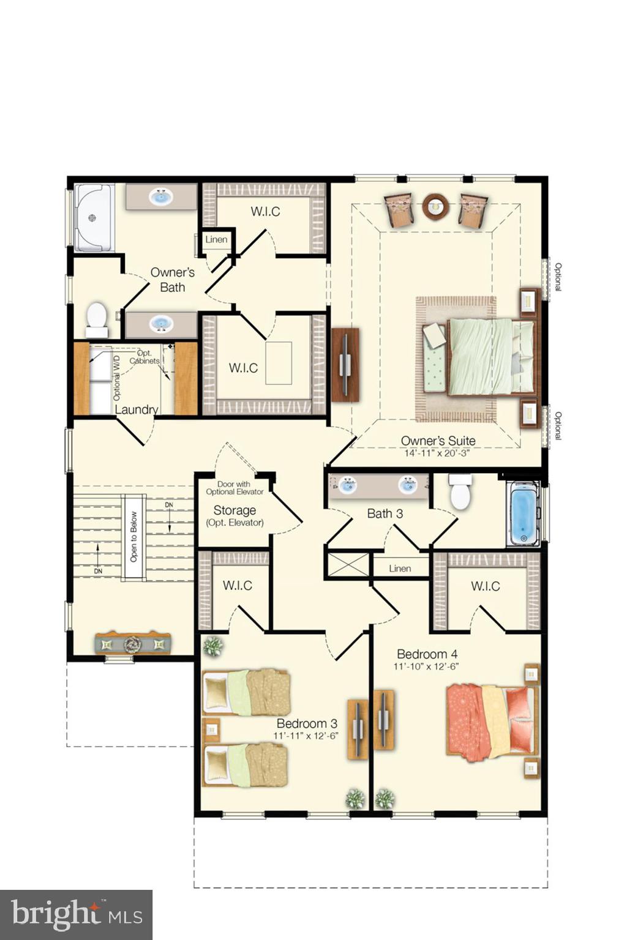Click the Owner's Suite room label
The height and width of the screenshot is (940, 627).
(x=438, y=441)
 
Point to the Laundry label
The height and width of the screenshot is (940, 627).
(x=137, y=409)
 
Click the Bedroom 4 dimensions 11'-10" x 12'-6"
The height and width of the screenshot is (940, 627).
(x=426, y=667)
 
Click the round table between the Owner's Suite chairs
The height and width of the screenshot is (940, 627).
(x=435, y=206)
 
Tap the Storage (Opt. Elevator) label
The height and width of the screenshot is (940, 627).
(x=235, y=515)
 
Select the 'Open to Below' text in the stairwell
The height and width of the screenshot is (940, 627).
(x=134, y=537)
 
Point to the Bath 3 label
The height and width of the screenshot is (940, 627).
(x=385, y=513)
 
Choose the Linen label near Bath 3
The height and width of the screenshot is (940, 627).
(x=400, y=569)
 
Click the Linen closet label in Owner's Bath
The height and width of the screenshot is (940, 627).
(x=216, y=239)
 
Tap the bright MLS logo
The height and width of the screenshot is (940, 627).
(x=77, y=915)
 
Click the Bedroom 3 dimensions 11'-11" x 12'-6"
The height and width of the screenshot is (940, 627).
(x=306, y=736)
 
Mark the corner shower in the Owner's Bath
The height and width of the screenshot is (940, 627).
(x=93, y=218)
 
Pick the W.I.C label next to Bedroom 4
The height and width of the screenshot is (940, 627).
(x=486, y=586)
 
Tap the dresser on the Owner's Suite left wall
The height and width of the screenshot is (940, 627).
(x=345, y=365)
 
